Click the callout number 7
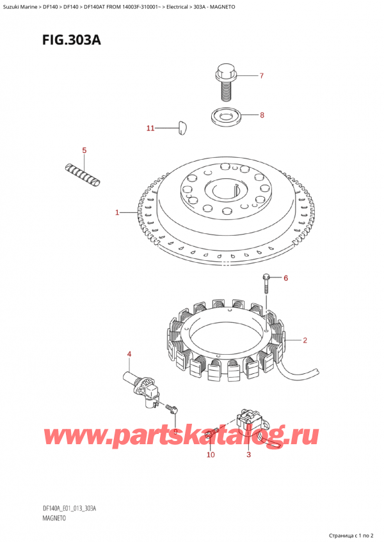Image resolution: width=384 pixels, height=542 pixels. pos(261,75)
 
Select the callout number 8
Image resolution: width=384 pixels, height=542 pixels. pos(262,115)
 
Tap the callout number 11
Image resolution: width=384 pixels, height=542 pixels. pos(150,128)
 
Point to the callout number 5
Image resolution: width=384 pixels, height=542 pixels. pos(84,150)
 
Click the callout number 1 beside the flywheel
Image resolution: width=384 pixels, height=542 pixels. pos(117,212)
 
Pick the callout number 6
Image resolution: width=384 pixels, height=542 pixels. pos(285,278)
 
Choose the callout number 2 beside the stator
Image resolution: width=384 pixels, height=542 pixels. pos(305,341)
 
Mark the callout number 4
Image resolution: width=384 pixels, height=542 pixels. pos(129,354)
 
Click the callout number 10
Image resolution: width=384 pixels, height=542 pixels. pos(211,454)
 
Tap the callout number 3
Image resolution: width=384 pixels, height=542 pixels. pos(248,454)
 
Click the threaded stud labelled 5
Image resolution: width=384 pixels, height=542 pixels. pos(83,175)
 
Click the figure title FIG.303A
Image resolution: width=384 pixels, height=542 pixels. pos(72,40)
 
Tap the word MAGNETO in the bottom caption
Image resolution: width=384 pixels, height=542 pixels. pos(53,518)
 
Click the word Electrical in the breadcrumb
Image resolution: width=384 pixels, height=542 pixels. pos(177,6)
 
